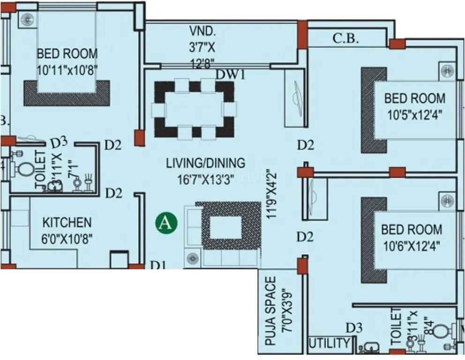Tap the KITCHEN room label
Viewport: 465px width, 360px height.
[67, 222]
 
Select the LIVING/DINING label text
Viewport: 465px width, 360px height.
[205, 163]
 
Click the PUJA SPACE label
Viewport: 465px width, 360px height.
[270, 311]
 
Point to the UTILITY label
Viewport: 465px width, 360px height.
[329, 344]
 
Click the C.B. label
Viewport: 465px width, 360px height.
[345, 39]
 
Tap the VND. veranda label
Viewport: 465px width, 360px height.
[202, 32]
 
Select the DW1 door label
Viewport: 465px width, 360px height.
[231, 74]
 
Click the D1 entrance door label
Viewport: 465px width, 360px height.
[158, 265]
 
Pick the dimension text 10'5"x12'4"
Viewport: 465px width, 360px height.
[414, 114]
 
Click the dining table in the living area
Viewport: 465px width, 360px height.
[194, 110]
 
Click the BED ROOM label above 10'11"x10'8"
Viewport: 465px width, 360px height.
[67, 53]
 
